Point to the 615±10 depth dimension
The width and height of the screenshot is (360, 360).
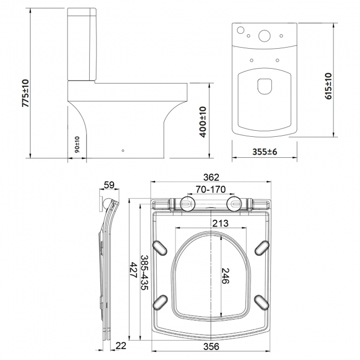click(x=328, y=85)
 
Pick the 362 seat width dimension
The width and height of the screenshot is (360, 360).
click(x=211, y=177)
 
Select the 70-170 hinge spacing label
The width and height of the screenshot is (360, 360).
click(x=211, y=190)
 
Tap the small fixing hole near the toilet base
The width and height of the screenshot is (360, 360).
click(x=123, y=150)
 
